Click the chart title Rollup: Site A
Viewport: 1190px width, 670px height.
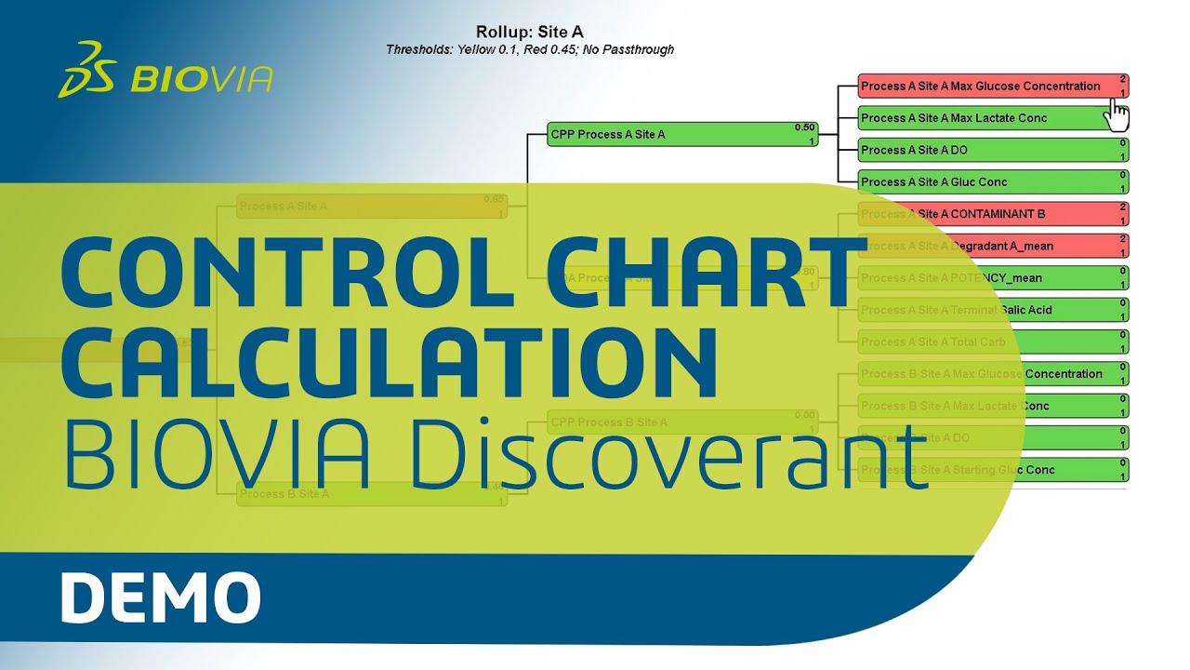pyautogui.click(x=530, y=33)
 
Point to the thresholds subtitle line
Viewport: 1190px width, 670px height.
pyautogui.click(x=530, y=49)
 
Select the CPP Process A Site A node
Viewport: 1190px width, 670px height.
pyautogui.click(x=669, y=135)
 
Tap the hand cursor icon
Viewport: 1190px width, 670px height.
pyautogui.click(x=1117, y=115)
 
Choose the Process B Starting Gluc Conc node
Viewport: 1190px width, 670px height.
pyautogui.click(x=1023, y=470)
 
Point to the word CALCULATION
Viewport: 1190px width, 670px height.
pyautogui.click(x=390, y=360)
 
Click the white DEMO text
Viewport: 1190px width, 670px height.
pyautogui.click(x=160, y=598)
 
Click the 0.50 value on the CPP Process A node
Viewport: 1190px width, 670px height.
pyautogui.click(x=804, y=127)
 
